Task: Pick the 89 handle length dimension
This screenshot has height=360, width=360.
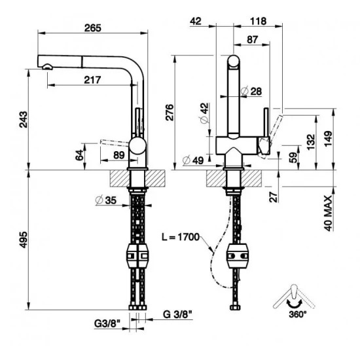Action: [x=118, y=154]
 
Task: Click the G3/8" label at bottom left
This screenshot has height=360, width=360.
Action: [x=105, y=321]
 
